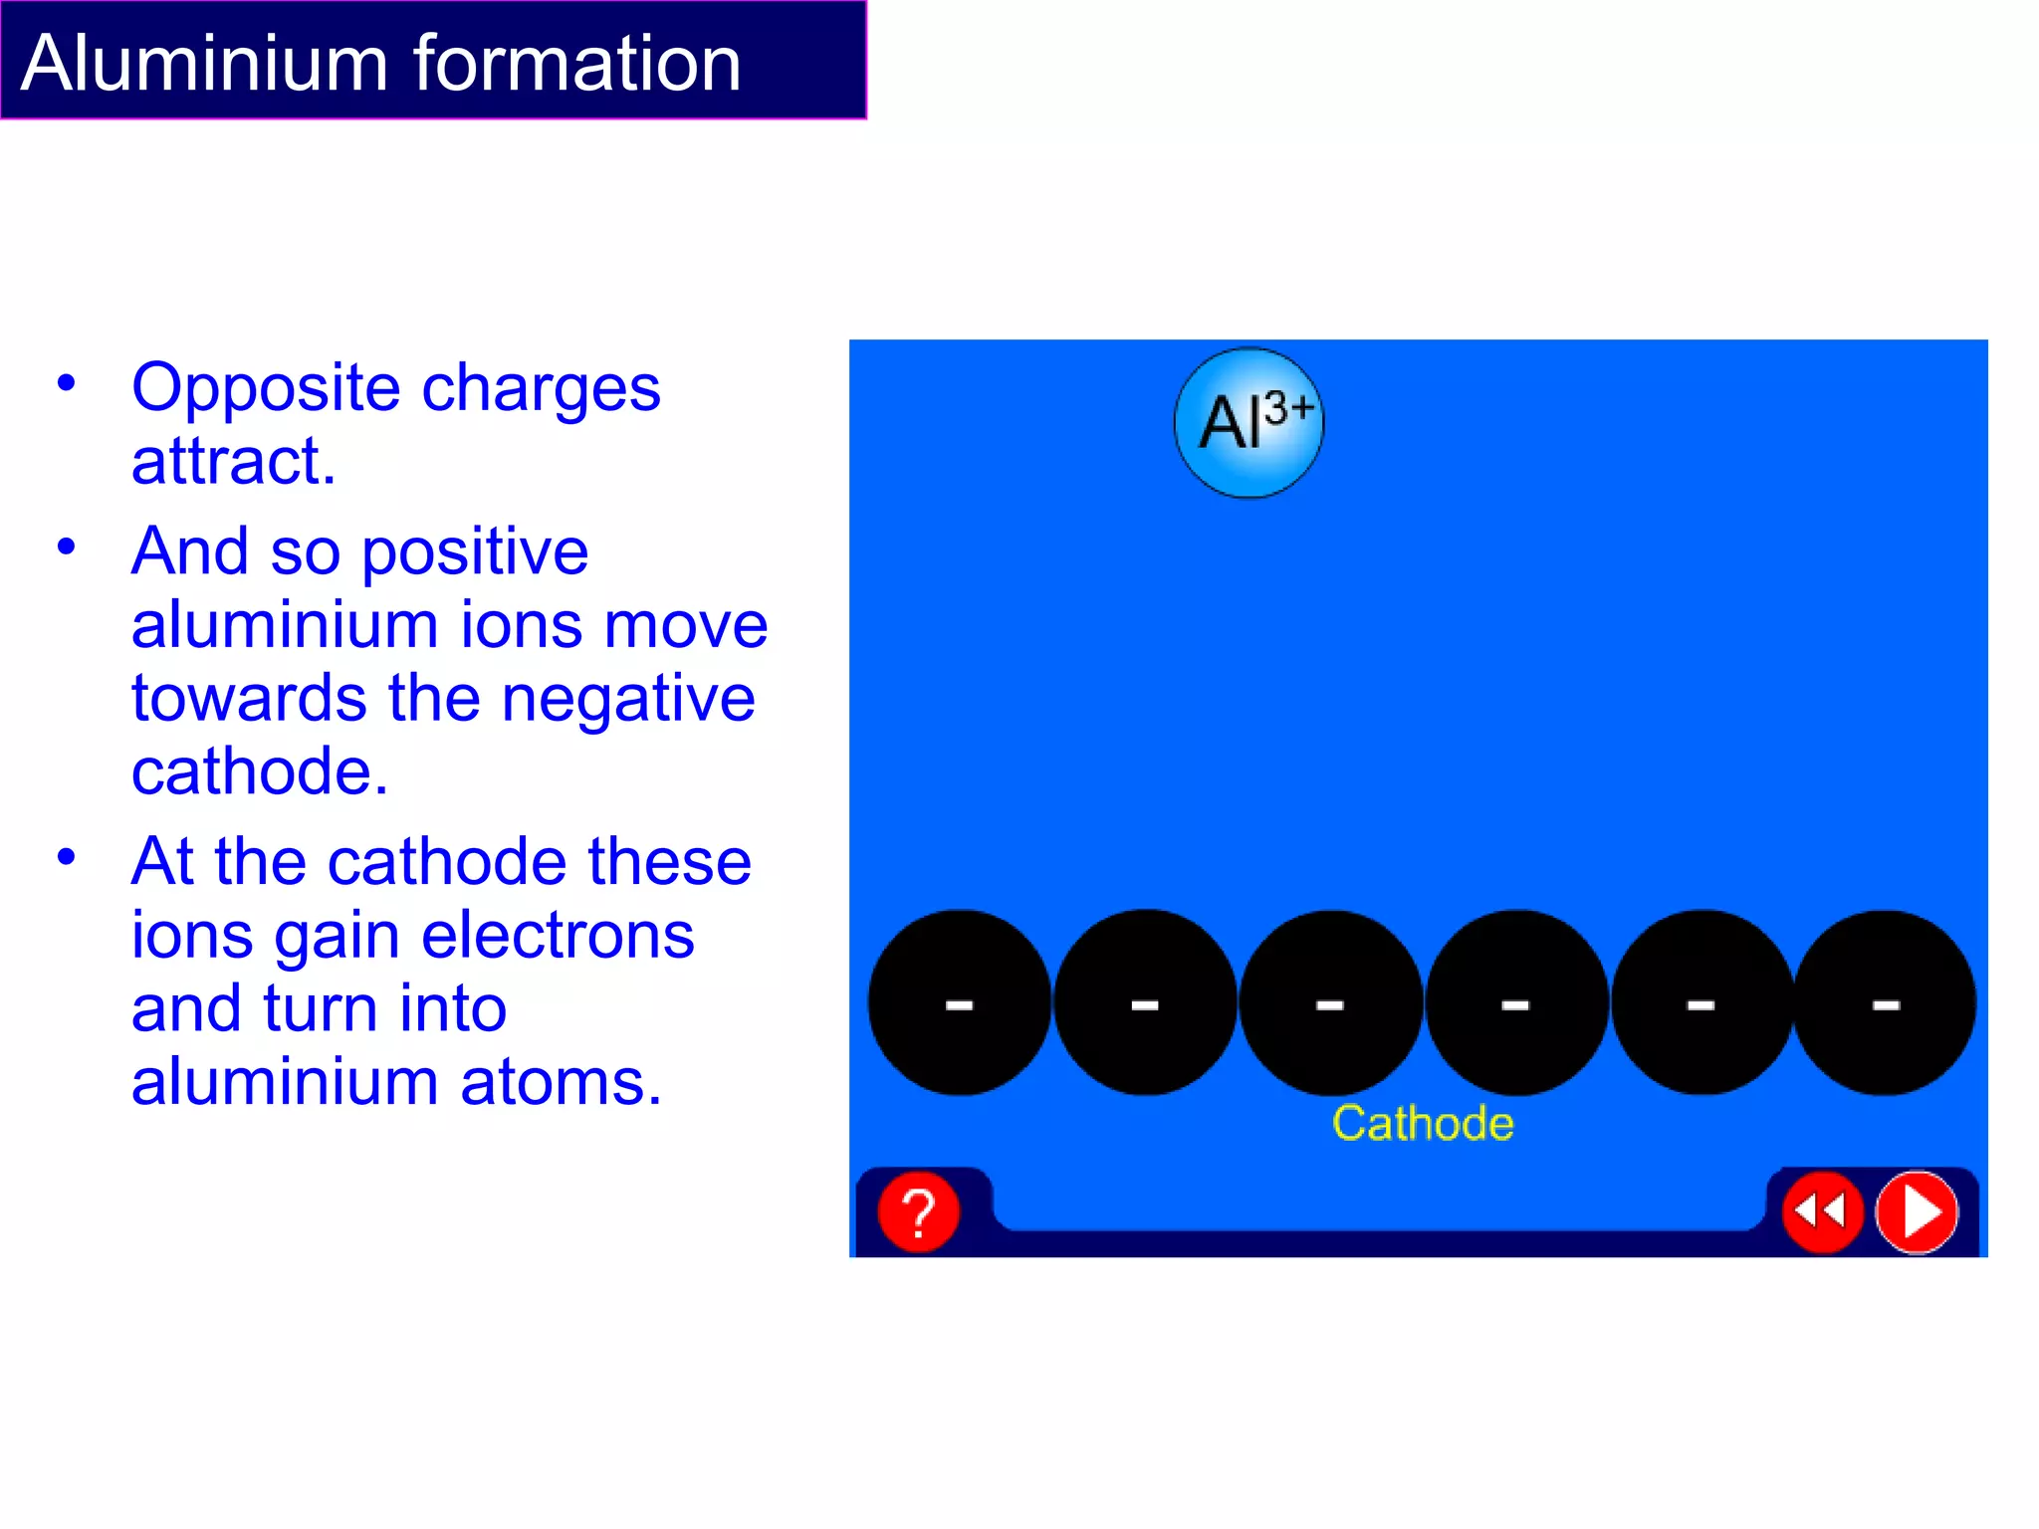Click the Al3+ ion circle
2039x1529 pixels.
tap(1249, 423)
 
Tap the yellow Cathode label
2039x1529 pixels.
tap(1423, 1124)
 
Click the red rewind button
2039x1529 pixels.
tap(1821, 1211)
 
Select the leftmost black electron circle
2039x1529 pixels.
tap(959, 1002)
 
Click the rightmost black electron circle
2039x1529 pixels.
tap(1885, 1002)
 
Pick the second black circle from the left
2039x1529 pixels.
tap(1145, 1002)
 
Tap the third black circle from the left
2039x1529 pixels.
tap(1330, 1002)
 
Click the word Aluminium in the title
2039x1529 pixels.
tap(204, 64)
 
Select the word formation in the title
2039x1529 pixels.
tap(577, 64)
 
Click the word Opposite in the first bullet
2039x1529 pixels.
tap(266, 388)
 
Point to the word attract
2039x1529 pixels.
tap(234, 462)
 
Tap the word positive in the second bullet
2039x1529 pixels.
tap(475, 551)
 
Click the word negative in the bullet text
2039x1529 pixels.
tap(628, 698)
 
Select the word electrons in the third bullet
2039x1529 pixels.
tap(558, 935)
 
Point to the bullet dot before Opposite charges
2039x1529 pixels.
tap(67, 383)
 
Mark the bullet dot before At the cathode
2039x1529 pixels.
tap(67, 857)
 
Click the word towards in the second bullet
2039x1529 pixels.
tap(249, 698)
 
